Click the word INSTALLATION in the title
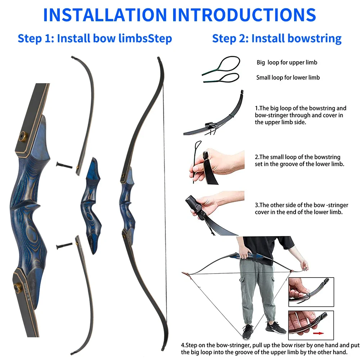pos(105,14)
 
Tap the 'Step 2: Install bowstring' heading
pos(276,38)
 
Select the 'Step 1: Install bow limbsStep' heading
pos(95,38)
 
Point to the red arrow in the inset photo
pos(318,333)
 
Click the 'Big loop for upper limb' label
pos(287,63)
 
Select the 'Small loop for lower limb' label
pos(288,77)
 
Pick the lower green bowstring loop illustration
pos(221,77)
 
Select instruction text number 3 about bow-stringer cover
pos(301,208)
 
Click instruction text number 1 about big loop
pos(300,115)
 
